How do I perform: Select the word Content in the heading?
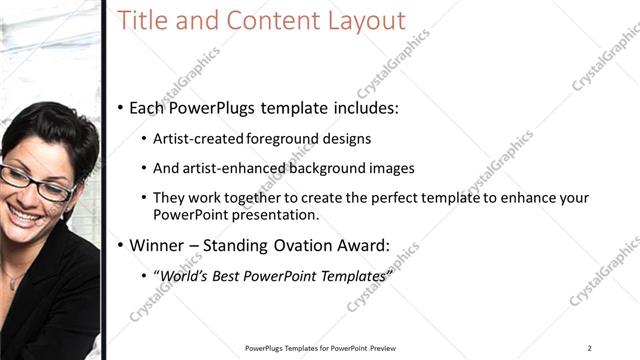coord(269,21)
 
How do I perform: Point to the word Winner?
coord(159,244)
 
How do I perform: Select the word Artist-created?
coord(195,139)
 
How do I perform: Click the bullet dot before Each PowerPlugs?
coord(120,106)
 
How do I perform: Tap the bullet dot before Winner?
coord(120,244)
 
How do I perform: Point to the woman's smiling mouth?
coord(27,214)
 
